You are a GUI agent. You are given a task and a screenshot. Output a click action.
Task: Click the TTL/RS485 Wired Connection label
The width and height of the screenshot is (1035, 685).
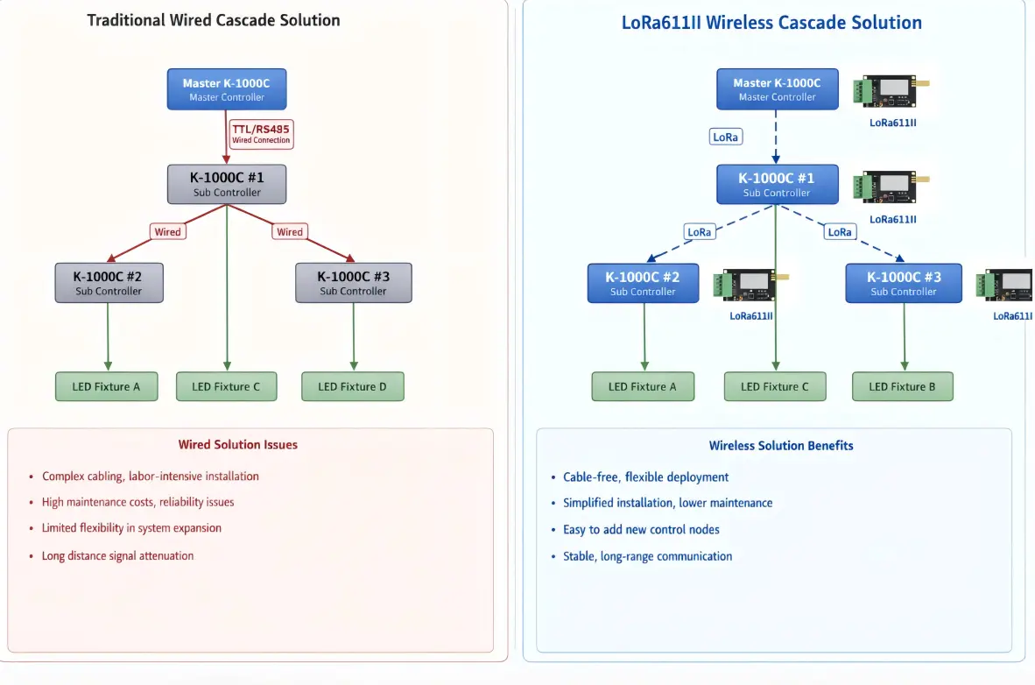(x=260, y=134)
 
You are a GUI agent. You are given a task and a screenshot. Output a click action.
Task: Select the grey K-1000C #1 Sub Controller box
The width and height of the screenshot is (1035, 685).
(x=227, y=184)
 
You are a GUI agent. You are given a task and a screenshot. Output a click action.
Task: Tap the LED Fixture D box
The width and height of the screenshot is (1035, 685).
(x=353, y=386)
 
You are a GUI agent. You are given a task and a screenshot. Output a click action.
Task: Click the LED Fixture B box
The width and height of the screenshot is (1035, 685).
(x=902, y=386)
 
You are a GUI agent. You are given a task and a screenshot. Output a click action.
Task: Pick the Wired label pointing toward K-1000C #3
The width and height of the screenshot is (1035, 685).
(x=289, y=232)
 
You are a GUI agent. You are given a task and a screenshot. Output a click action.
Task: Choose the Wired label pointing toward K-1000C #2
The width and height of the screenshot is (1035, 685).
(x=167, y=232)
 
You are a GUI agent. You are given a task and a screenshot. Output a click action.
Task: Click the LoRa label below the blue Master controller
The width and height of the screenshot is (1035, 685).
(x=725, y=138)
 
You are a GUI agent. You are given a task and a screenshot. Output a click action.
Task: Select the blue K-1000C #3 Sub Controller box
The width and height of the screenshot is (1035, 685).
(x=904, y=283)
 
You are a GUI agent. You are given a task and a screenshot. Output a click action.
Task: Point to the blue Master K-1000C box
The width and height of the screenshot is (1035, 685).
(x=777, y=89)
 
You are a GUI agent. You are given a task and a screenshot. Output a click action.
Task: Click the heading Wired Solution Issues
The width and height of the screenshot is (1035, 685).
(x=238, y=445)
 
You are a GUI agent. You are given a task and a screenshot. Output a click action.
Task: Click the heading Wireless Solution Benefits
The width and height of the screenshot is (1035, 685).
(x=781, y=446)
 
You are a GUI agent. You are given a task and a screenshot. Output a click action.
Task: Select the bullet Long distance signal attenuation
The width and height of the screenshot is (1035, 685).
(x=117, y=556)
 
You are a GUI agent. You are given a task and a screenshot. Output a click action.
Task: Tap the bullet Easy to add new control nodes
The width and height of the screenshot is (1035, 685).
(x=641, y=530)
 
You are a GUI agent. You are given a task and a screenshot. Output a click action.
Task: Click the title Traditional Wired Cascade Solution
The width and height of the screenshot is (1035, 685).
(x=214, y=19)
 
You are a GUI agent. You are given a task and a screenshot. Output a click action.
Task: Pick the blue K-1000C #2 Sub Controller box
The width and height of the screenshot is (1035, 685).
(x=643, y=283)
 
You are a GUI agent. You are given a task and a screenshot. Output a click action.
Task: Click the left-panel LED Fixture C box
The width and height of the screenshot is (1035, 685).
(x=226, y=386)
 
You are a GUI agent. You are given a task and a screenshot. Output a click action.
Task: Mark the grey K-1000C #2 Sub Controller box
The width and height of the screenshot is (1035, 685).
(x=109, y=283)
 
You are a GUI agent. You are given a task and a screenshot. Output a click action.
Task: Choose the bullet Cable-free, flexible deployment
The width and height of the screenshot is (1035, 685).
(x=645, y=477)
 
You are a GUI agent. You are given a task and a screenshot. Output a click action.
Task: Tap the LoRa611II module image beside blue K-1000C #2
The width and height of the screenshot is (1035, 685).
(x=750, y=285)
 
